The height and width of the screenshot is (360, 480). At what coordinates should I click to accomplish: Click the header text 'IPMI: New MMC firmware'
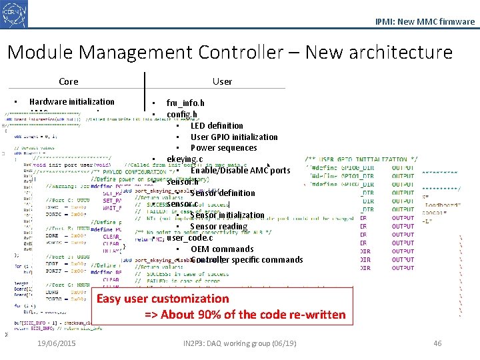coord(425,21)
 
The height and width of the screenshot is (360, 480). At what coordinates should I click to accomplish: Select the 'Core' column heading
coord(68,82)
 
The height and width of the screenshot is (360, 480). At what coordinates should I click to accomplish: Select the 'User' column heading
coord(222,82)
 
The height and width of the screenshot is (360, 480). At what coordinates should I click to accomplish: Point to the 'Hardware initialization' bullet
coord(71,102)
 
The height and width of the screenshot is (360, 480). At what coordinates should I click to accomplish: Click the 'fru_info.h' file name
coord(185,103)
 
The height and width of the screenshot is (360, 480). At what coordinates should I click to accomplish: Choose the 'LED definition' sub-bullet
coord(217,125)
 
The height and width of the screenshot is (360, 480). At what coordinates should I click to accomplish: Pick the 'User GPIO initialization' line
coord(234,137)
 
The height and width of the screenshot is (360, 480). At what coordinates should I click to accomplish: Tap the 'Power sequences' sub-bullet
coord(223,148)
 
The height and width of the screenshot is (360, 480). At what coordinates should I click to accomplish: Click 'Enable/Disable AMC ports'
coord(240,171)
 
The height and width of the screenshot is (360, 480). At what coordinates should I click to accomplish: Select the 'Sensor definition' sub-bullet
coord(223,193)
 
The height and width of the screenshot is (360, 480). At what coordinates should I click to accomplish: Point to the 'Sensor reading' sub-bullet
coord(219,227)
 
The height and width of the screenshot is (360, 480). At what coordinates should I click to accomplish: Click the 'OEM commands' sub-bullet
coord(222,249)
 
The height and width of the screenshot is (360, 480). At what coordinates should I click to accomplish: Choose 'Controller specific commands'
coord(247,260)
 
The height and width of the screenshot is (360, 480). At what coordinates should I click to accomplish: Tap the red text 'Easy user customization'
coord(163,299)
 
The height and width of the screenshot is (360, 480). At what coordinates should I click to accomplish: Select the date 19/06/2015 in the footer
coord(57,343)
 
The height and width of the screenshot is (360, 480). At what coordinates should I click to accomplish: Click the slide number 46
coord(437,343)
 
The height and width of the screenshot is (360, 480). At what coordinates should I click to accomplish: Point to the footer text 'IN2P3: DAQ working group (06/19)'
coord(239,343)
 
